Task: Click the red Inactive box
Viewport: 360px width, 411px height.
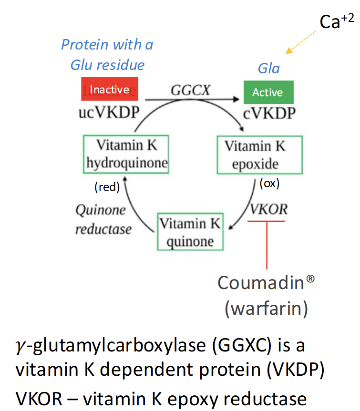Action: pyautogui.click(x=110, y=89)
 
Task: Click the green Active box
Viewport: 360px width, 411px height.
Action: pyautogui.click(x=268, y=92)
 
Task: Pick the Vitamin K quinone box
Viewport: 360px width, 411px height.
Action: pyautogui.click(x=190, y=232)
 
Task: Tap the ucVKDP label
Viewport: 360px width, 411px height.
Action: pyautogui.click(x=109, y=113)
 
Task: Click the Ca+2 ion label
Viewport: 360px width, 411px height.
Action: pyautogui.click(x=336, y=21)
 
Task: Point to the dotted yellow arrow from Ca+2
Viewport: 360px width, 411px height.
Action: pyautogui.click(x=301, y=42)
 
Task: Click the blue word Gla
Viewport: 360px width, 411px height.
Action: pyautogui.click(x=268, y=68)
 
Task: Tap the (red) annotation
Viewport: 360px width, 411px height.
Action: pyautogui.click(x=106, y=187)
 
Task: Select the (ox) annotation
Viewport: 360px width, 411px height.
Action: pyautogui.click(x=269, y=183)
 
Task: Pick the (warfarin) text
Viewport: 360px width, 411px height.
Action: pyautogui.click(x=266, y=309)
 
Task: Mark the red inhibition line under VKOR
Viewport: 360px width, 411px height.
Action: pyautogui.click(x=267, y=243)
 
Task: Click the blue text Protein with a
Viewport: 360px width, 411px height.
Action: pyautogui.click(x=107, y=45)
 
